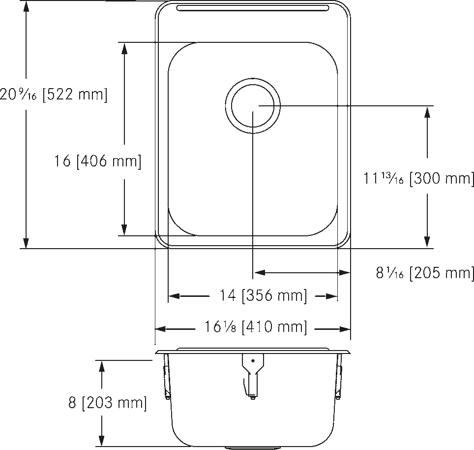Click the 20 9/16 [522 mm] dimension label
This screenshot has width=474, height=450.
(54, 95)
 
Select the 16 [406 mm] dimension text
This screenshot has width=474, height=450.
(98, 161)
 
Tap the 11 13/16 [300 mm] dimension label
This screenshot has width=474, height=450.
(418, 178)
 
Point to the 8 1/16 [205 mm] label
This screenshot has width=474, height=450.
(425, 273)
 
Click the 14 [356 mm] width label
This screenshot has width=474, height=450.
(263, 295)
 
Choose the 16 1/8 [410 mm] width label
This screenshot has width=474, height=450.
(256, 327)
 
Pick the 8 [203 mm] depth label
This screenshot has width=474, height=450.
(108, 402)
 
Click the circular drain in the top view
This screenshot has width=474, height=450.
(253, 106)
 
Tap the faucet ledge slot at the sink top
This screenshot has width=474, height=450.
(252, 8)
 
